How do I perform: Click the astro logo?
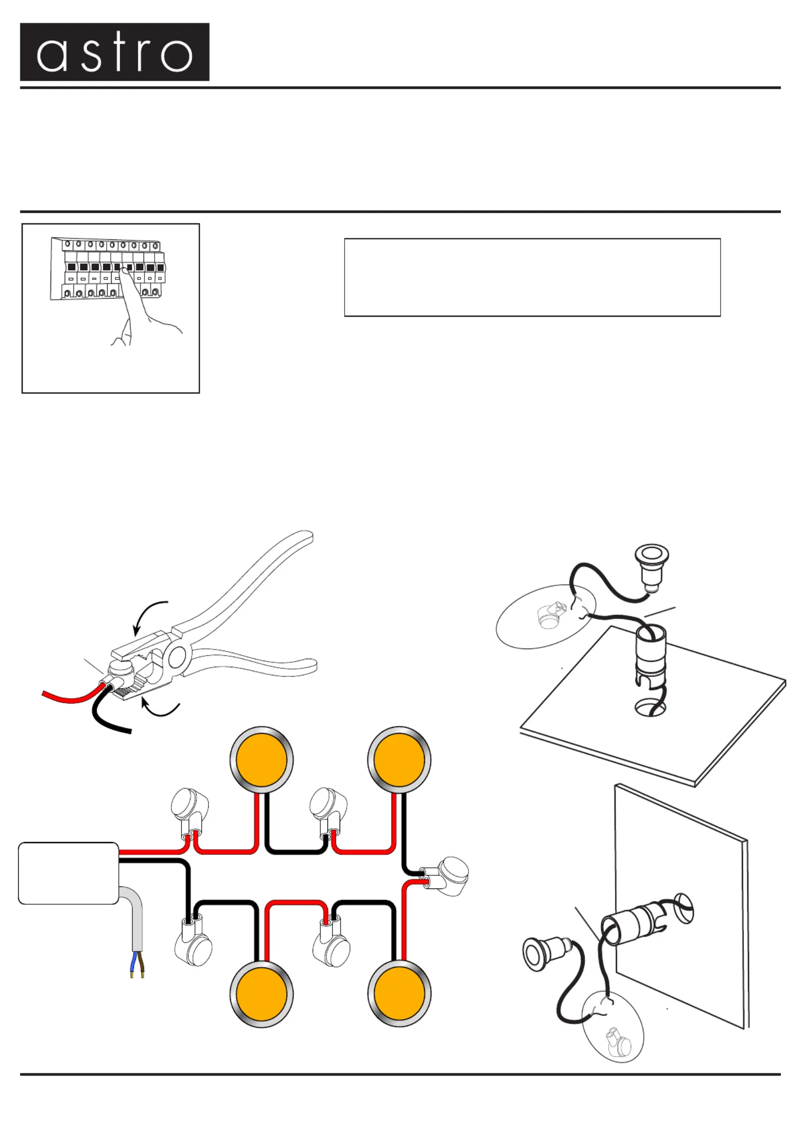click(115, 52)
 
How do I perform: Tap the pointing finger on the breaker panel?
click(132, 298)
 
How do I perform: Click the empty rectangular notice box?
click(532, 277)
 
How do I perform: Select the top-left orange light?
click(261, 760)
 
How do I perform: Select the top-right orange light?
click(399, 760)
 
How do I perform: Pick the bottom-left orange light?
click(261, 994)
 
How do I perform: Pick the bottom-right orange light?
click(399, 994)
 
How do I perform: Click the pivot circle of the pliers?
click(176, 658)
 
